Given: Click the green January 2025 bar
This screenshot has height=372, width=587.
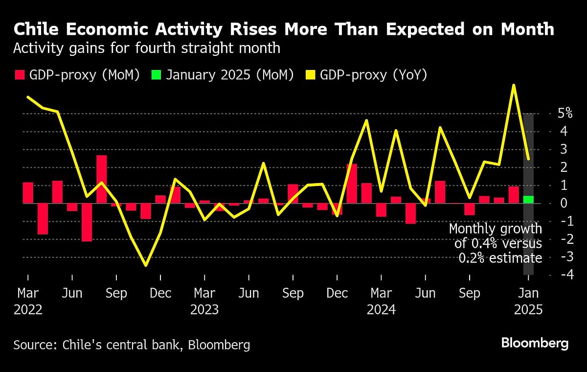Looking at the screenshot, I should [528, 199].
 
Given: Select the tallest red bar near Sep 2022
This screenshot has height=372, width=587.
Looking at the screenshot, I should [101, 179].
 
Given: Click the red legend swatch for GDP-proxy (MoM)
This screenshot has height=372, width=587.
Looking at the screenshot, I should [20, 75].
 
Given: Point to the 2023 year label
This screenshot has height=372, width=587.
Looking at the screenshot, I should [204, 309].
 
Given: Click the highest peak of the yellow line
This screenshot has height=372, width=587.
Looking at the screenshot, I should [514, 85].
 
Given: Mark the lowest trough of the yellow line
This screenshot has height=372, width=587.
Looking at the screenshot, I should [145, 265].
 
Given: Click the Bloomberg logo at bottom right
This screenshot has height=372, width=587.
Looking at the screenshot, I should [535, 343].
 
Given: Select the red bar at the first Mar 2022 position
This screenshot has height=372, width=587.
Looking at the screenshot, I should [28, 192].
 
